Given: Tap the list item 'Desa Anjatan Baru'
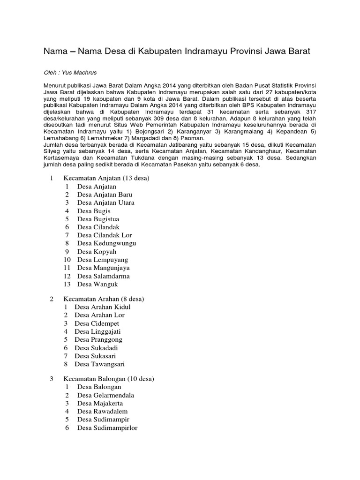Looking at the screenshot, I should click(x=105, y=195).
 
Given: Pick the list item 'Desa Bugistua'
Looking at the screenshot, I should click(x=98, y=219).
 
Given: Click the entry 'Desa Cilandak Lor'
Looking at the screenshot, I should click(x=105, y=235).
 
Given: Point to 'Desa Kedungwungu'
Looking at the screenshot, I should click(x=106, y=243).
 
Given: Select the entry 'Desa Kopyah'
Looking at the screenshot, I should click(x=97, y=252).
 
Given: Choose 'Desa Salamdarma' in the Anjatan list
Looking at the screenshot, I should click(x=103, y=276).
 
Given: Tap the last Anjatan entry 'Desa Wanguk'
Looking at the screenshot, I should click(x=97, y=285).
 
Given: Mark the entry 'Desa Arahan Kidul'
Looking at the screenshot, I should click(x=103, y=307).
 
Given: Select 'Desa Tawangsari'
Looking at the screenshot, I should click(x=99, y=364).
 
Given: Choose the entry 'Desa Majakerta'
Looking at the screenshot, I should click(x=100, y=403).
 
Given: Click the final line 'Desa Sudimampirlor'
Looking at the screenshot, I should click(x=107, y=427).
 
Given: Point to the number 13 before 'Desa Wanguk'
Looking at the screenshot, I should click(x=67, y=285).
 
